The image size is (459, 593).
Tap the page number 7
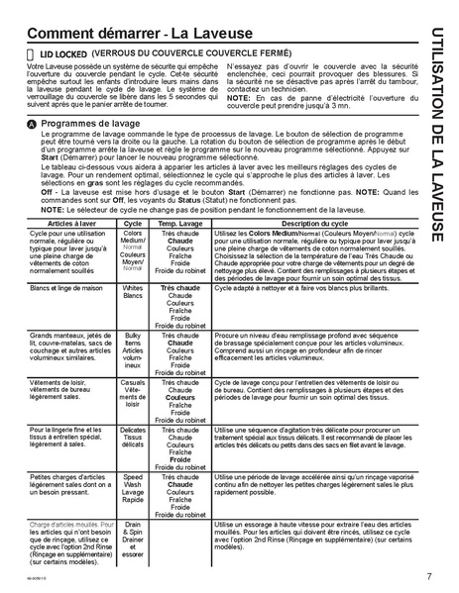(427, 576)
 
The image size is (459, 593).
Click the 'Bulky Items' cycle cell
(133, 352)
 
